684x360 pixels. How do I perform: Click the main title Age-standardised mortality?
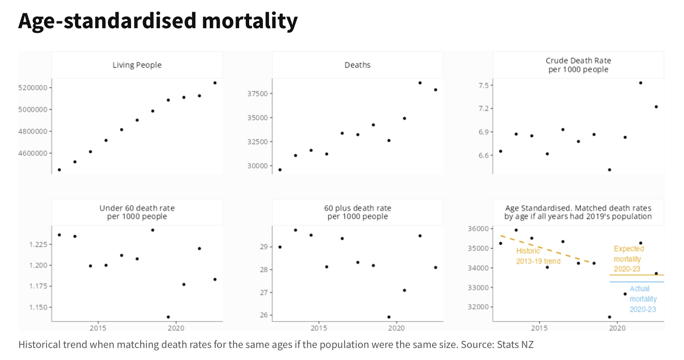tap(158, 21)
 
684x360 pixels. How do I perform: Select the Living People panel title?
tap(137, 65)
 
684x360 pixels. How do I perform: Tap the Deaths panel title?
tap(357, 65)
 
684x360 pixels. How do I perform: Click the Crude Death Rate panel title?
tap(578, 65)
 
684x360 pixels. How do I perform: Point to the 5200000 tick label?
tap(33, 88)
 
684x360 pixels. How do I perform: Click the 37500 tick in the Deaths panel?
tap(257, 94)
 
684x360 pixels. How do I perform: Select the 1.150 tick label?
tap(38, 307)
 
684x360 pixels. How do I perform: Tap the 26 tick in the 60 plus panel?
tap(264, 315)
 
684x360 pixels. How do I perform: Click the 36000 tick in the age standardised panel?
tap(478, 229)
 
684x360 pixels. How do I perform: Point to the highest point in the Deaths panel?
tap(420, 83)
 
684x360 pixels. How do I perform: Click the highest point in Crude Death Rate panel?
tap(640, 83)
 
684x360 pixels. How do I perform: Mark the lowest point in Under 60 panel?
tap(168, 317)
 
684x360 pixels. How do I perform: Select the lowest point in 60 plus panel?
tap(389, 317)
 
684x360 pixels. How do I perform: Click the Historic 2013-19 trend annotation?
tap(538, 256)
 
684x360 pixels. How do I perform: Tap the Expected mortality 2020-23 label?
tap(628, 259)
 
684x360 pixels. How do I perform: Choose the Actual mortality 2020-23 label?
tap(643, 299)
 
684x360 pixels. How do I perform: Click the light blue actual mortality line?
tap(636, 282)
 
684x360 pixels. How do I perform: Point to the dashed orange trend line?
tap(547, 250)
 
